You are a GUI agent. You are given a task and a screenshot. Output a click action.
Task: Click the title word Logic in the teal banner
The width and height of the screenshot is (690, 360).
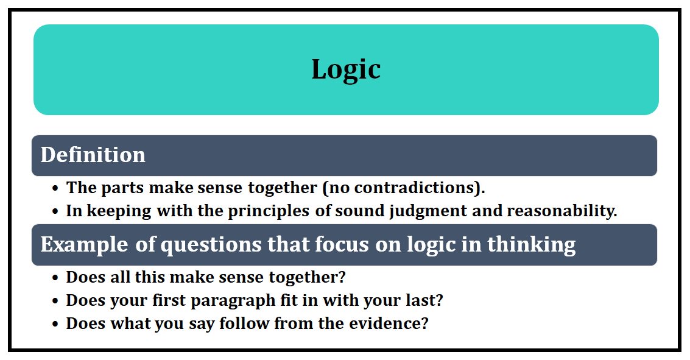346,69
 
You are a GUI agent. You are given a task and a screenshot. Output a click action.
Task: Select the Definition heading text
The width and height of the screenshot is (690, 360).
93,155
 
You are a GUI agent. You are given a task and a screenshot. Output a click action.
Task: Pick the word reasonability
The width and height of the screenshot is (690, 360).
562,211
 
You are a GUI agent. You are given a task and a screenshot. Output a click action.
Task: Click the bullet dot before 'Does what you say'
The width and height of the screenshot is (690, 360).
55,323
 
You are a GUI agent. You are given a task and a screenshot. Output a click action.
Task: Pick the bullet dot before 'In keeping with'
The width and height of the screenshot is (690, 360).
55,212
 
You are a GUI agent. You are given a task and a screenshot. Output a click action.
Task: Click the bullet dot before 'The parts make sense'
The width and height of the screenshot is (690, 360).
55,188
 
